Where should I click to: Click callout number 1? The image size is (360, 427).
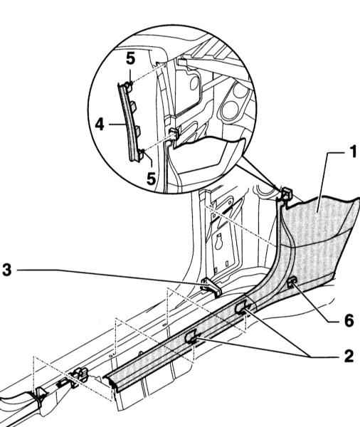click(x=353, y=152)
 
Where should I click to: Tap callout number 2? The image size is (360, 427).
click(x=349, y=356)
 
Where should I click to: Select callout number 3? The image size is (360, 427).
click(x=7, y=270)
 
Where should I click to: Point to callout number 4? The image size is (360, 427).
click(x=100, y=124)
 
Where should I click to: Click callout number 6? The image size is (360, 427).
click(x=349, y=320)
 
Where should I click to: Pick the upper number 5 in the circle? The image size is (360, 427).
click(x=130, y=58)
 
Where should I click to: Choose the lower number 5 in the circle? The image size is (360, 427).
click(x=151, y=179)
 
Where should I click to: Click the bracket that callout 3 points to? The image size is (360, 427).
click(x=211, y=287)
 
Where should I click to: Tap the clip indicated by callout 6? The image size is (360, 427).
click(x=292, y=282)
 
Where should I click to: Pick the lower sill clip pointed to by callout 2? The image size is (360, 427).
click(x=191, y=337)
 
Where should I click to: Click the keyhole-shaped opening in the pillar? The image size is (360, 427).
click(x=218, y=242)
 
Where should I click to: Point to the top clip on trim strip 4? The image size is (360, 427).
click(x=129, y=87)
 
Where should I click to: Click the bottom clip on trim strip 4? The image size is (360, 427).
click(x=141, y=154)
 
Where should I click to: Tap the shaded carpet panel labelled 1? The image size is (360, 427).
click(x=319, y=240)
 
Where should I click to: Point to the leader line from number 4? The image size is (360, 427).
click(x=117, y=124)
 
